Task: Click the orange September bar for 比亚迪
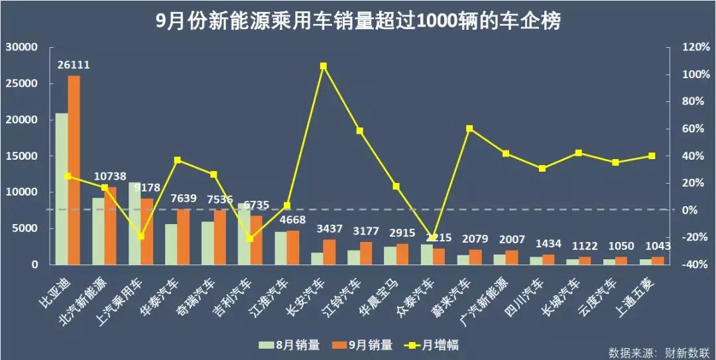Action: coord(74,170)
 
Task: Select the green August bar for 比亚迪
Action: coord(61,189)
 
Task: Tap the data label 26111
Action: coord(74,65)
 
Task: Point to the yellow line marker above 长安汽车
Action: coord(324,66)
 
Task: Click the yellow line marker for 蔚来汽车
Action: coord(469,129)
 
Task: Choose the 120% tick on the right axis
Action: coord(687,48)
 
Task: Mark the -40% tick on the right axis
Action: coord(687,265)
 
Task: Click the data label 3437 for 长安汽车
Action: coord(329,229)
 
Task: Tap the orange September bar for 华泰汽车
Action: coord(183,237)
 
